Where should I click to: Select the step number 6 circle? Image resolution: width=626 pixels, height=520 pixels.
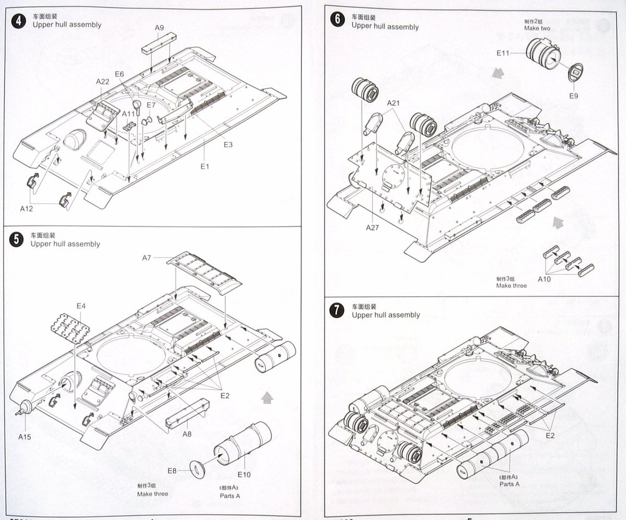pyautogui.click(x=338, y=20)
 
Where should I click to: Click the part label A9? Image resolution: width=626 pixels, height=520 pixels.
pyautogui.click(x=160, y=28)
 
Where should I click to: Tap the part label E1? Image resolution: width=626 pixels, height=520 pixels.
pyautogui.click(x=204, y=166)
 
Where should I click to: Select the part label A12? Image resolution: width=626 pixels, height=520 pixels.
pyautogui.click(x=27, y=208)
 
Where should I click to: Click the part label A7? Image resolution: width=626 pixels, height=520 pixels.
pyautogui.click(x=148, y=258)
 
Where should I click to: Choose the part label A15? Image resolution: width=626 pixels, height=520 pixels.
pyautogui.click(x=25, y=437)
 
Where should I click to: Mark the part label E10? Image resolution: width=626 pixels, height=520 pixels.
pyautogui.click(x=244, y=474)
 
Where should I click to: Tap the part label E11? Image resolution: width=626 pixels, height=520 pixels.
pyautogui.click(x=503, y=53)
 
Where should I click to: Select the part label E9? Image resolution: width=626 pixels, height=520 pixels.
pyautogui.click(x=574, y=96)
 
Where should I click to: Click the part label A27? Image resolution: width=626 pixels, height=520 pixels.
pyautogui.click(x=372, y=227)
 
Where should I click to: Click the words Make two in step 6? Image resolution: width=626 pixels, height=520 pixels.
pyautogui.click(x=537, y=28)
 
